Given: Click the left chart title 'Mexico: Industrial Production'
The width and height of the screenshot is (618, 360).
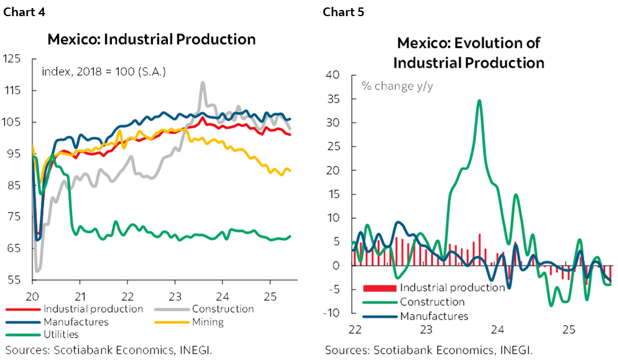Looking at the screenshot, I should click(x=152, y=39).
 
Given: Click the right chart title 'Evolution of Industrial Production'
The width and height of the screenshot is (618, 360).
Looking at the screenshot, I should click(x=468, y=53).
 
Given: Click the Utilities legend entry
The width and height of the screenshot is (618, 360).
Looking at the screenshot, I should click(x=61, y=335).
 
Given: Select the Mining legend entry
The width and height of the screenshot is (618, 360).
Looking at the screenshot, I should click(x=208, y=322).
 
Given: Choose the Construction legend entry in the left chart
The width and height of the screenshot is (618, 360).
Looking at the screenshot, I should click(x=223, y=309).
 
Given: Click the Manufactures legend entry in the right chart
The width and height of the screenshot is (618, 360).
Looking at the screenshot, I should click(x=434, y=316).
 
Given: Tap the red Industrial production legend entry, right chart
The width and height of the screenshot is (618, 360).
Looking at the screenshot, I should click(x=452, y=287).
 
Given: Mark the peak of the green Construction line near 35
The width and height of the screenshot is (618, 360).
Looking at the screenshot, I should click(x=479, y=100).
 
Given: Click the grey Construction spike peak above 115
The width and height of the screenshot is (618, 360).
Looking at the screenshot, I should click(x=203, y=82).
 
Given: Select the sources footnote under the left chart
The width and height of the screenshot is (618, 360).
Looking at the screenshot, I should click(x=109, y=350).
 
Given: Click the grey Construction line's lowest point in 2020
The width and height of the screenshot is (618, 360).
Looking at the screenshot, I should click(x=38, y=270).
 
